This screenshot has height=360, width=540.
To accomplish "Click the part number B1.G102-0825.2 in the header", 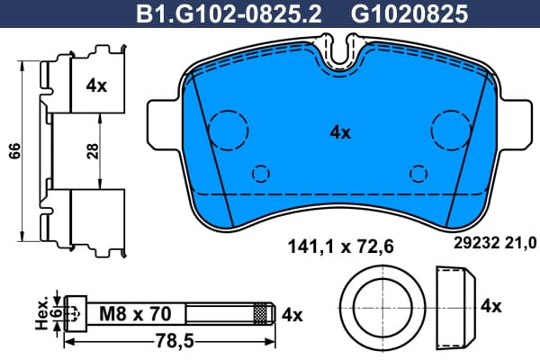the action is [x=229, y=14].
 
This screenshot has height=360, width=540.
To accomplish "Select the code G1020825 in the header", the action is [x=409, y=14].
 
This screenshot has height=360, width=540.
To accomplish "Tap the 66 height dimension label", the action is [x=14, y=151].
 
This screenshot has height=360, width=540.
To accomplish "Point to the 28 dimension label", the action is [x=93, y=151].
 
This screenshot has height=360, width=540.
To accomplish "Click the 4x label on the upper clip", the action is [x=96, y=85].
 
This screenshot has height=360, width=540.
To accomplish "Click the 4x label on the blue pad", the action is [x=340, y=132].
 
